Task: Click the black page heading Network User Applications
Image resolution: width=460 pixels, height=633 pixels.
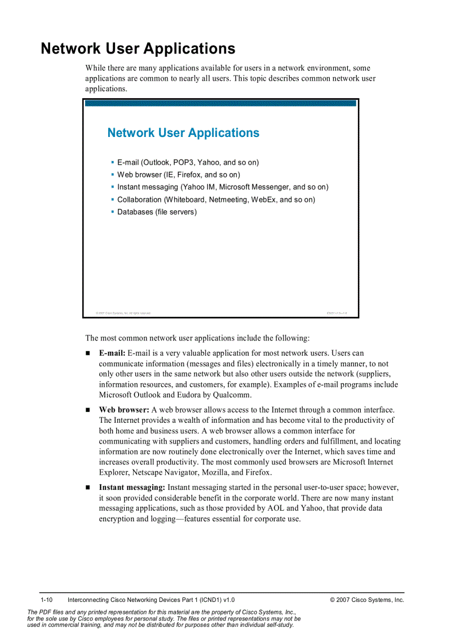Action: coord(138,48)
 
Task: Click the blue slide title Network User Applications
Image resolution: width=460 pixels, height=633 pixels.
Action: coord(183,133)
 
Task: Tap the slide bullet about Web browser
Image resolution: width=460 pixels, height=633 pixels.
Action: coord(178,175)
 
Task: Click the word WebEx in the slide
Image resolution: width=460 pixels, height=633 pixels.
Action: coord(264,200)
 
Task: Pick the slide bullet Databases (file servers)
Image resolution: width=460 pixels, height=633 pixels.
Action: coord(157,212)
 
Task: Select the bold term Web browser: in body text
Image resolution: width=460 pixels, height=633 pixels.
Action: coord(124,410)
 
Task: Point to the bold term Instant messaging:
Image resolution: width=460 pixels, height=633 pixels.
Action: coord(132,488)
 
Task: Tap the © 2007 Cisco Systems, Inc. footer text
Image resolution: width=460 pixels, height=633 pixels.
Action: coord(367,600)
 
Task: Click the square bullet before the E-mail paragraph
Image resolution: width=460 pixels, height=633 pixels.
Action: coord(88,353)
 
